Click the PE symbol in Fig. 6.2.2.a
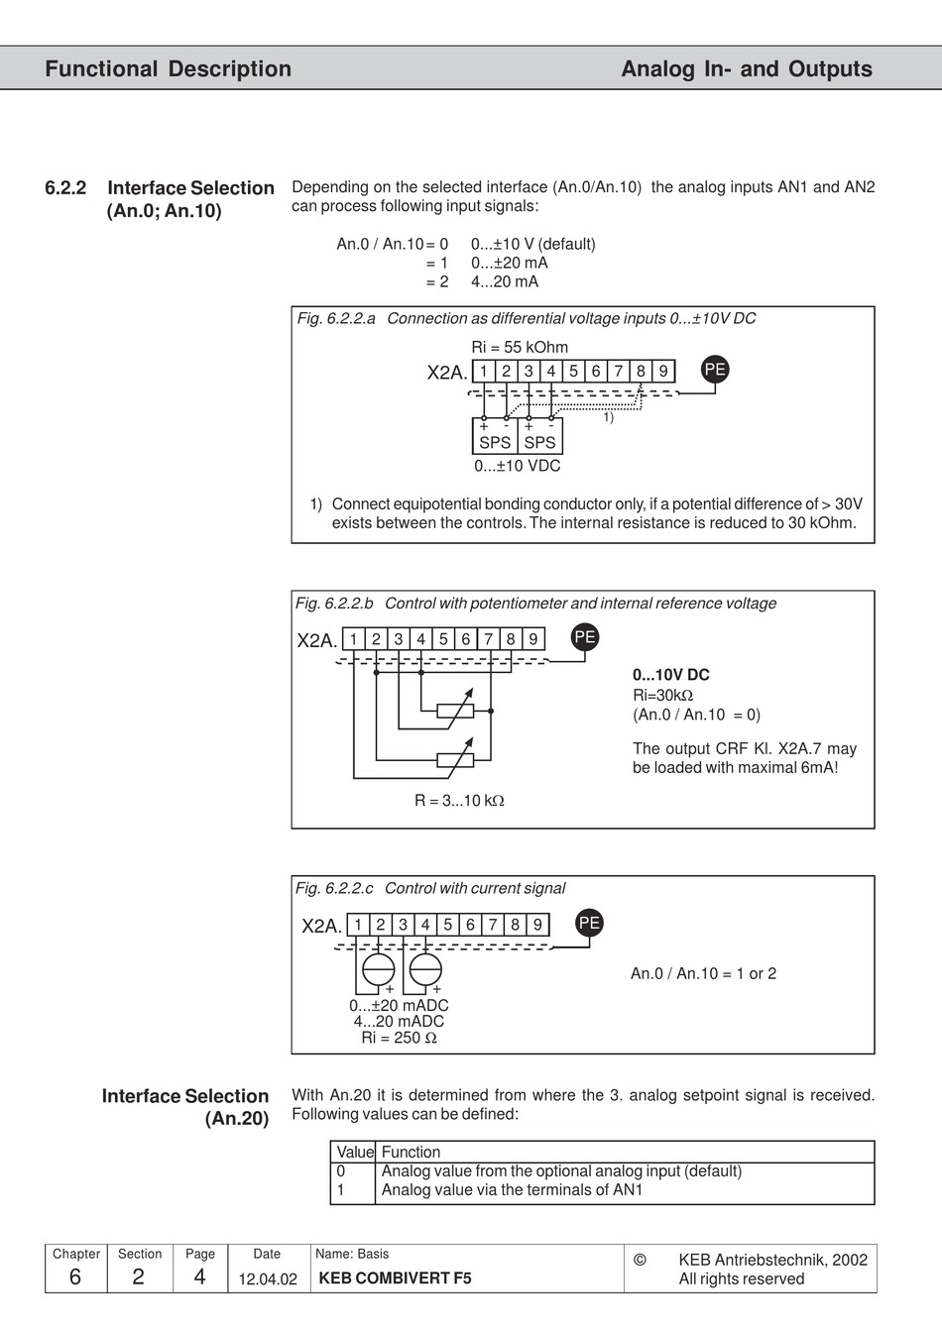click(715, 370)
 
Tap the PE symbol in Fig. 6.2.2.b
click(585, 637)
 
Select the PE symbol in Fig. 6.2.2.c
click(589, 923)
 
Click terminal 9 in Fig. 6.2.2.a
click(663, 371)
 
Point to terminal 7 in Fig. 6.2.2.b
click(488, 639)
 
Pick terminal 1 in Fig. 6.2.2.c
click(358, 925)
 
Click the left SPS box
click(495, 436)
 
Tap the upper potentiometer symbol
click(455, 711)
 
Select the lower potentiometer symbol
click(455, 760)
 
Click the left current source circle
click(378, 968)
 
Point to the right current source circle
click(425, 968)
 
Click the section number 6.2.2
click(65, 187)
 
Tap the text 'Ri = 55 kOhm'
click(520, 347)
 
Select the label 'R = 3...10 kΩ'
click(459, 800)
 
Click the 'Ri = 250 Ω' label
click(399, 1038)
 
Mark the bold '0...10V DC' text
click(671, 675)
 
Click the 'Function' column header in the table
click(411, 1152)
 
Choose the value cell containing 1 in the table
click(341, 1189)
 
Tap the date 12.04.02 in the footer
click(268, 1278)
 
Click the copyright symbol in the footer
click(640, 1260)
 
